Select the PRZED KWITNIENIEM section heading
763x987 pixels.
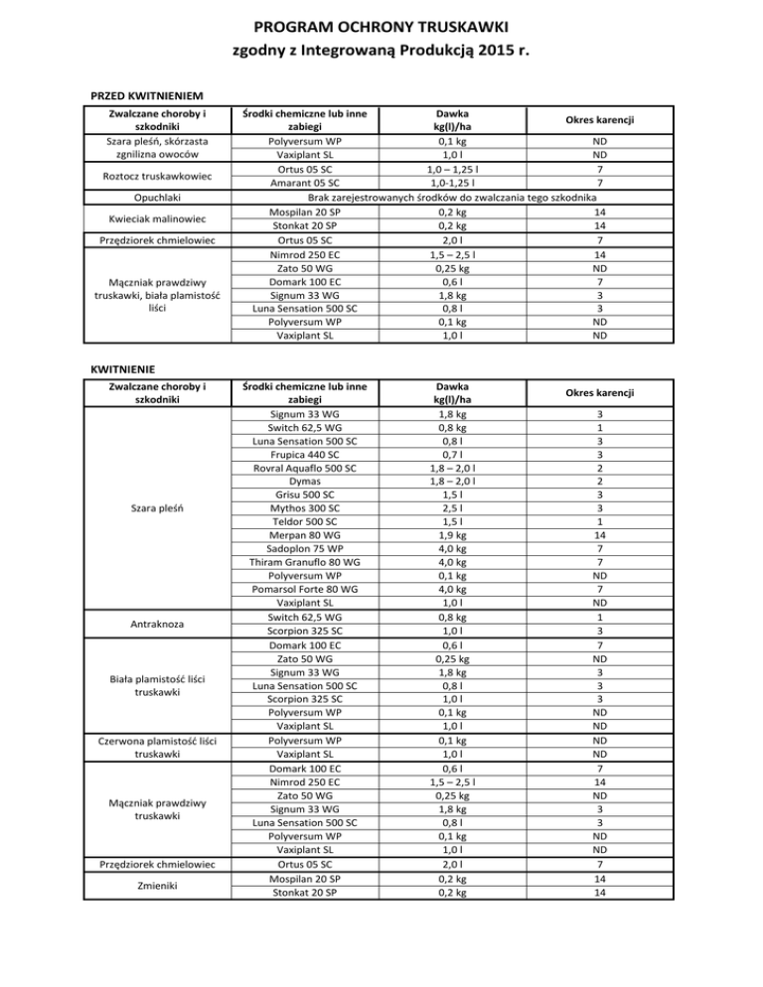point(147,96)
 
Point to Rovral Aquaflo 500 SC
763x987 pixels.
point(303,467)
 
